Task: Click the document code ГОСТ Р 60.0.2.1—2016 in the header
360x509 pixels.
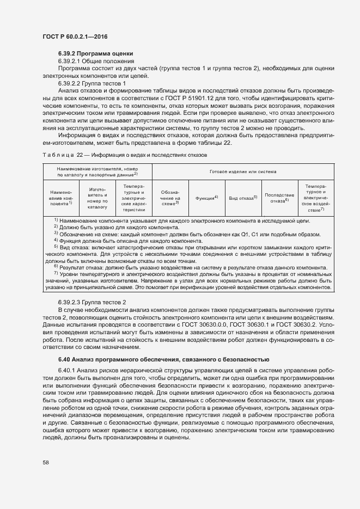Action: point(74,36)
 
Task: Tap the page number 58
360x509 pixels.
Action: point(45,463)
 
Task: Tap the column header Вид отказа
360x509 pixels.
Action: point(242,198)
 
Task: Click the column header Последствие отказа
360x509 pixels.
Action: point(279,198)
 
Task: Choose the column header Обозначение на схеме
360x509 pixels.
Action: point(169,198)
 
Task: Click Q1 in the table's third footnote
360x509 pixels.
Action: point(245,234)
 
